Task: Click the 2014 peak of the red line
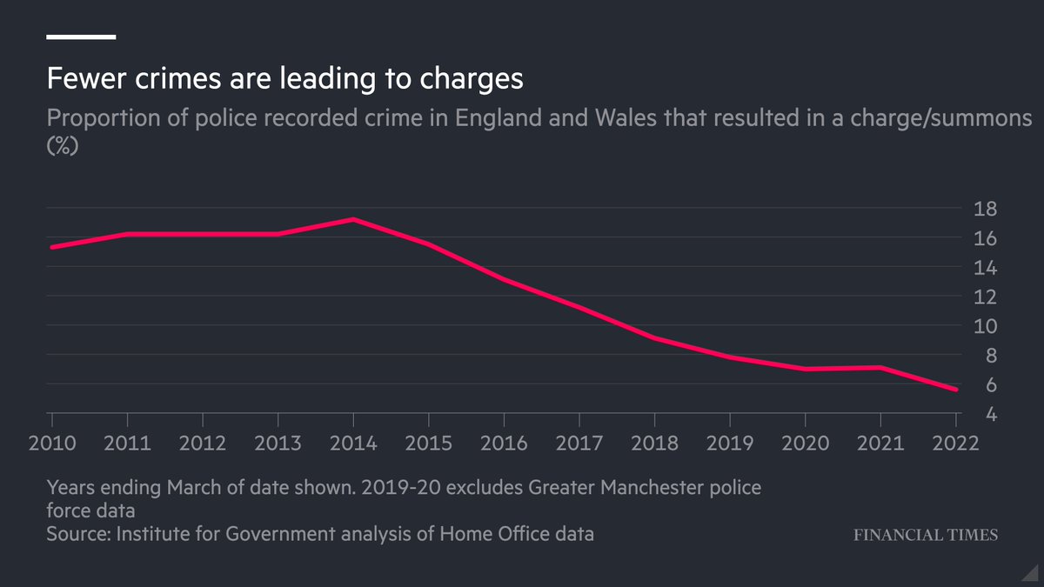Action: tap(353, 219)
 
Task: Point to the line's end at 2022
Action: tap(956, 390)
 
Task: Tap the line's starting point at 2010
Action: tap(51, 247)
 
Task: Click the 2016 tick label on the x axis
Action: tap(505, 443)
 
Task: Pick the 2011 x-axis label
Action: tap(127, 443)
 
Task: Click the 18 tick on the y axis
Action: tap(986, 209)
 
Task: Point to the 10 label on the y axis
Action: tap(986, 326)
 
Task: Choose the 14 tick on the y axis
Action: tap(986, 268)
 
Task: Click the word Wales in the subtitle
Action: tap(620, 118)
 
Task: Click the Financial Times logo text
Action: tap(925, 535)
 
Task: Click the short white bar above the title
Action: tap(81, 37)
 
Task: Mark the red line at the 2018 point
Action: tap(655, 338)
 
